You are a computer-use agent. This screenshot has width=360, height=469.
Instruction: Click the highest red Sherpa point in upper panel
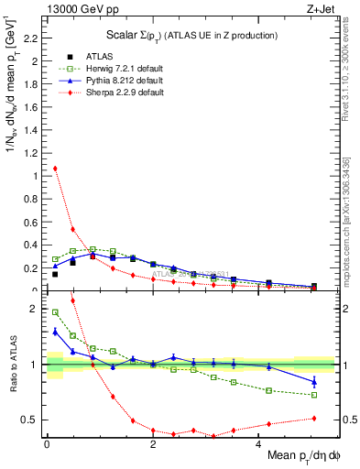pyautogui.click(x=55, y=169)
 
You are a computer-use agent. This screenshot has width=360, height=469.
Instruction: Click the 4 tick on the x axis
pyautogui.click(x=258, y=442)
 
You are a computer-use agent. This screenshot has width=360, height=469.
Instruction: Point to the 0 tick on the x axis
pyautogui.click(x=47, y=442)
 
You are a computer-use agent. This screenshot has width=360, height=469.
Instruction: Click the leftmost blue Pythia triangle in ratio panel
pyautogui.click(x=55, y=332)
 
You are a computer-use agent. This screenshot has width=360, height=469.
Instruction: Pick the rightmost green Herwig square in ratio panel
pyautogui.click(x=314, y=395)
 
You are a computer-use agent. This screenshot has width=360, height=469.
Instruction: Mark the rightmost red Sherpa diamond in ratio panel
pyautogui.click(x=314, y=418)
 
